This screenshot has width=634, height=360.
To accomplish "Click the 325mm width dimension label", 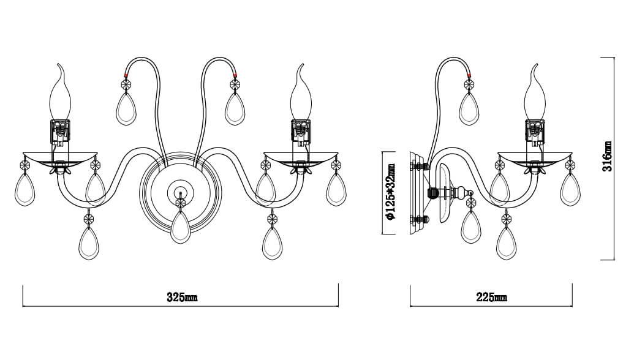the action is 182,298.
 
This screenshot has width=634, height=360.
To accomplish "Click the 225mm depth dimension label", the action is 491,298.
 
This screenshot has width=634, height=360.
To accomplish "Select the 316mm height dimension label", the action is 607,156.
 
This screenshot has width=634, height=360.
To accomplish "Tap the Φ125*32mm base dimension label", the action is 391,192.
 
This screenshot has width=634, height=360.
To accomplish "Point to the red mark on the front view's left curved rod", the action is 126,75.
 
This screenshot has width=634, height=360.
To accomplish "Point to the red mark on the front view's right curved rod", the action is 235,75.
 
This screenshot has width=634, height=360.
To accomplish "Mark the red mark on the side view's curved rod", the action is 469,75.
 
